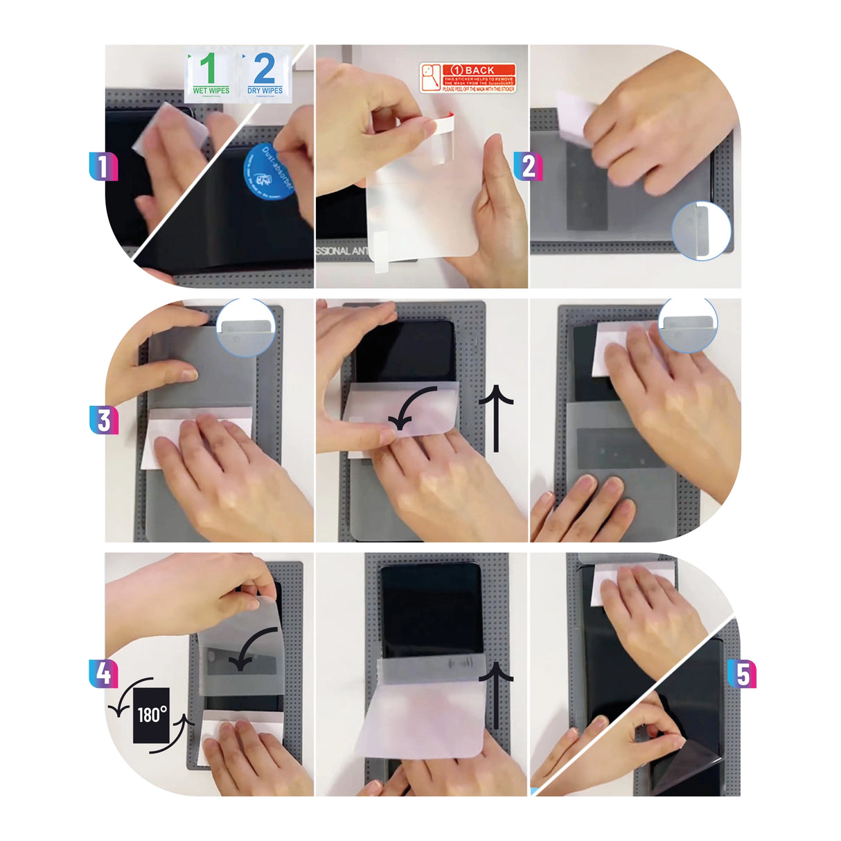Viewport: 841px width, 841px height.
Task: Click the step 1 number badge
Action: click(103, 166)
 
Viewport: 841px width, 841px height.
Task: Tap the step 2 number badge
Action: click(528, 166)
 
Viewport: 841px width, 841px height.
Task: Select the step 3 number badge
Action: click(104, 420)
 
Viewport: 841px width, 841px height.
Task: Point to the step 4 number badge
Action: click(103, 674)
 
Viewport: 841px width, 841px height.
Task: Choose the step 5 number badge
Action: click(742, 673)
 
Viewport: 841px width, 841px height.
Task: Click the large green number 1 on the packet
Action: click(209, 68)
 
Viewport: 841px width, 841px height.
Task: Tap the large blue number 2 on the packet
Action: click(264, 68)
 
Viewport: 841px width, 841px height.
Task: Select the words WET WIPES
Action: click(211, 91)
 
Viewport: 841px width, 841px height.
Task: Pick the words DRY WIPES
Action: click(265, 91)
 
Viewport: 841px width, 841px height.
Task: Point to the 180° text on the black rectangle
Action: click(152, 714)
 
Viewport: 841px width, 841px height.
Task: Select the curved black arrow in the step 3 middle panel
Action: click(411, 408)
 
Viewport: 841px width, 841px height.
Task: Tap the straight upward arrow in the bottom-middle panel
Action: click(496, 693)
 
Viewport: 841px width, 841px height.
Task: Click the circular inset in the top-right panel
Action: click(700, 231)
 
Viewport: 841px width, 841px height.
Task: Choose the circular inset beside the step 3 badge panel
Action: click(246, 327)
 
